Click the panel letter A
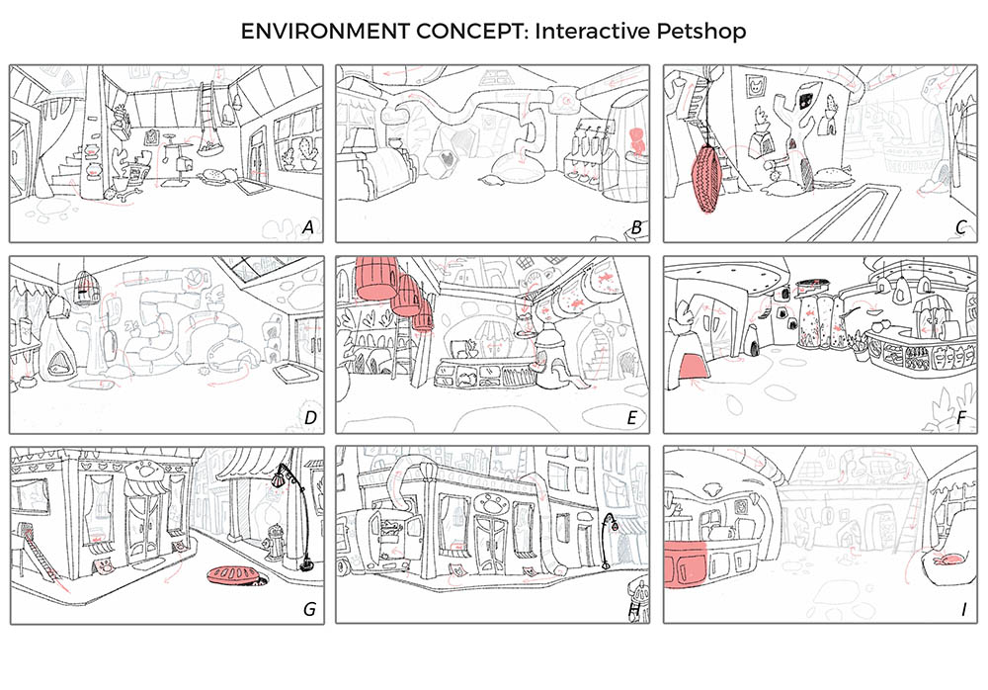[308, 228]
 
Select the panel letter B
[637, 228]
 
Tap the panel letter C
[960, 228]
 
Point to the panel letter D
[309, 419]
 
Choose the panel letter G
[309, 609]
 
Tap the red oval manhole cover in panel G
[236, 576]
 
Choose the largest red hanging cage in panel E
[375, 277]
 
